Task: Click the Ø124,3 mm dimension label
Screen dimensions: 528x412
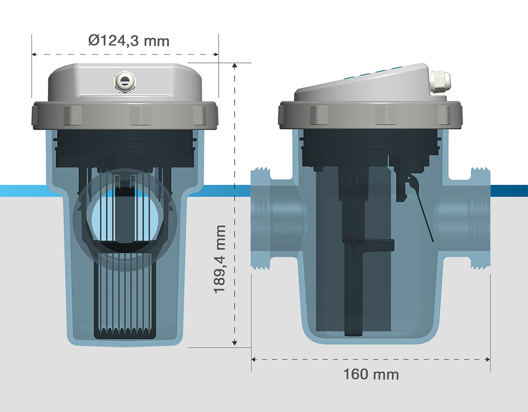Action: pos(128,41)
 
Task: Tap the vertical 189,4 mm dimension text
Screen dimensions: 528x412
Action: pos(220,260)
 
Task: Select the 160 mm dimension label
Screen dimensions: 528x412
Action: pos(371,374)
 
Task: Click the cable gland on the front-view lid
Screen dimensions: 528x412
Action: pos(125,82)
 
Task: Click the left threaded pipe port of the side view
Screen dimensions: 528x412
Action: pos(261,218)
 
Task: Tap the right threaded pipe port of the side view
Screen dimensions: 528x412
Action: pos(480,218)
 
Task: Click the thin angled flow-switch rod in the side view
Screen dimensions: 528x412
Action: pos(421,210)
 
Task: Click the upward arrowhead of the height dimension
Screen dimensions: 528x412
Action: pos(235,65)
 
